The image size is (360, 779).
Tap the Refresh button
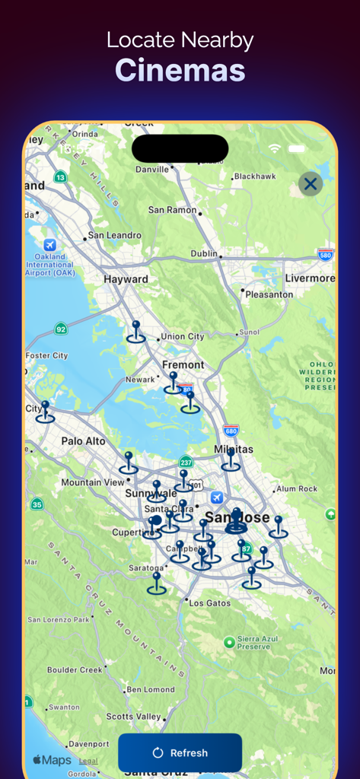(180, 752)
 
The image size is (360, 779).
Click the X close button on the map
(310, 183)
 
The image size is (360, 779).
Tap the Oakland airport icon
(50, 245)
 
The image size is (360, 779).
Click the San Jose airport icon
(216, 497)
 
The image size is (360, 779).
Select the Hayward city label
(126, 279)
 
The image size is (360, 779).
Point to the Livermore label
(310, 278)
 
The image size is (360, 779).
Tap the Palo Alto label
(84, 440)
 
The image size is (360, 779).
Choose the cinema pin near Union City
(136, 332)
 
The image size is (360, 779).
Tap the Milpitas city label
(234, 450)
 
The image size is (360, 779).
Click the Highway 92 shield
(61, 329)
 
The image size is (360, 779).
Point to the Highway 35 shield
(37, 504)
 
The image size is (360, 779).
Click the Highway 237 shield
(186, 462)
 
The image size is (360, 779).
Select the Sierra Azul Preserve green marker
(229, 642)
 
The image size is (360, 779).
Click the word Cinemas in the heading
(180, 70)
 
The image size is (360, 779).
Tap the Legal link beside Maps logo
(88, 761)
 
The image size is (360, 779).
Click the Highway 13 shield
(60, 176)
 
